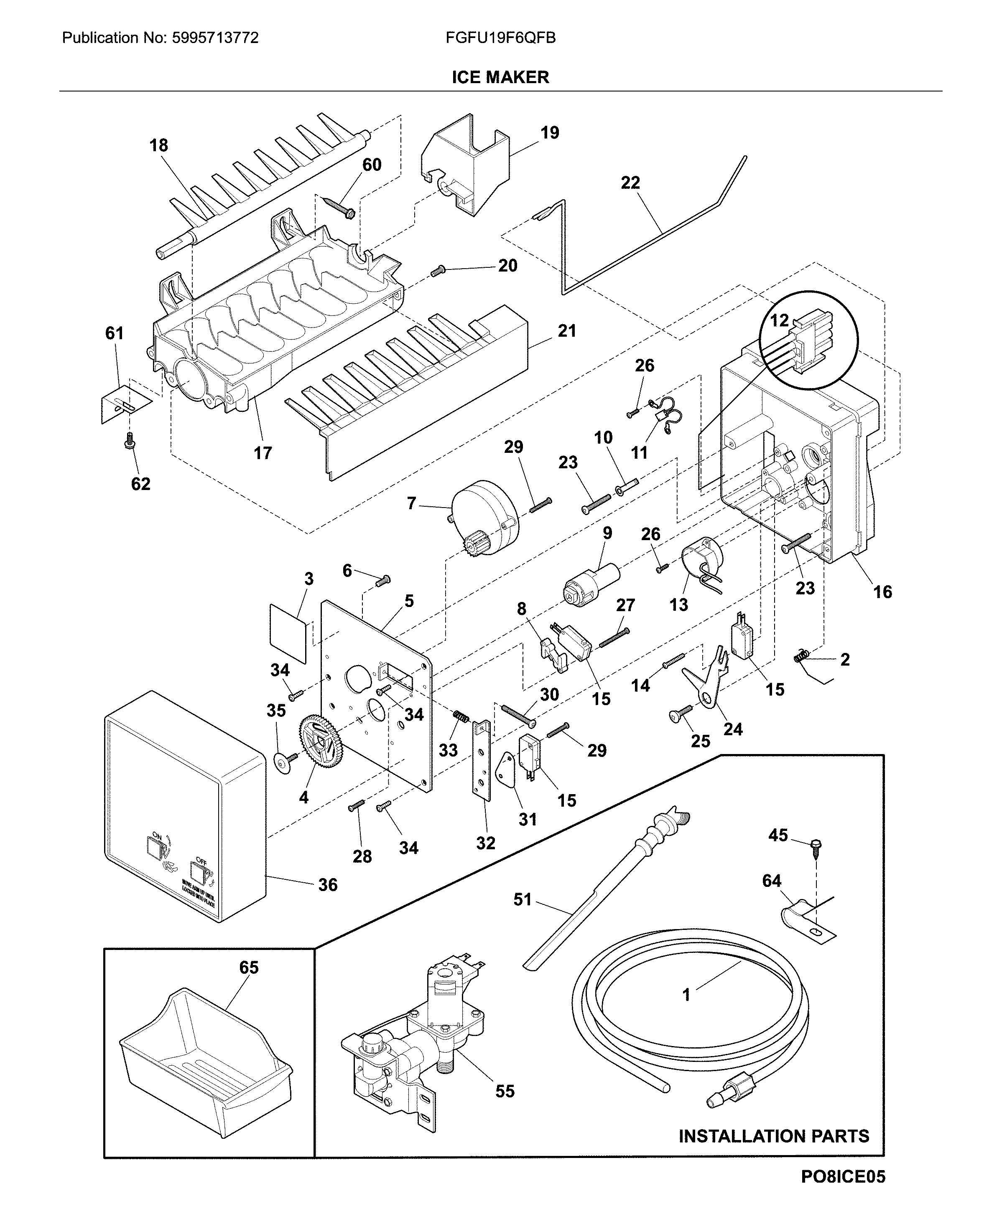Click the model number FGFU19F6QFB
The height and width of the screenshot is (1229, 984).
[x=500, y=38]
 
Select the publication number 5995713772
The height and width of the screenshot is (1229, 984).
[x=214, y=38]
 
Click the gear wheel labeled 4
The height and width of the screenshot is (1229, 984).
[x=317, y=741]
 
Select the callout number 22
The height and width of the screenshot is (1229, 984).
[x=630, y=183]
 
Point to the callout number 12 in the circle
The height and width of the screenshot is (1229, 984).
[x=779, y=320]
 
